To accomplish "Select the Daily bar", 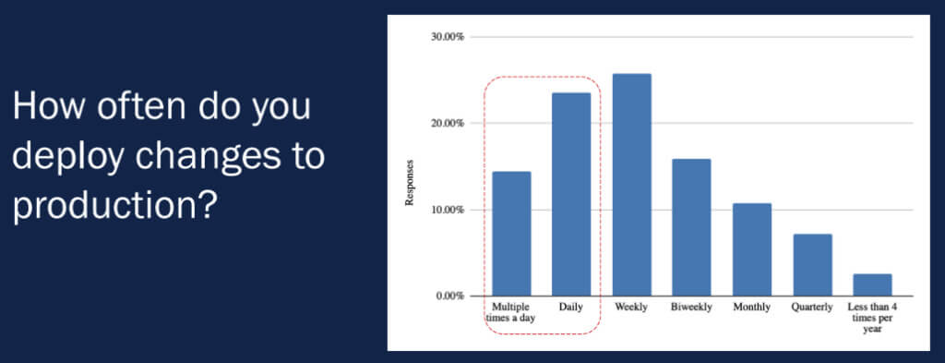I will coord(571,194).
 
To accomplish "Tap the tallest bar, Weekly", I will coord(631,185).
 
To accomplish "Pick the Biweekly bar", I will coord(691,227).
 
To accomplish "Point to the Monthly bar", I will coord(751,249).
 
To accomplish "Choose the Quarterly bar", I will coord(812,265).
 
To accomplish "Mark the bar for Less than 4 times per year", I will coord(872,284).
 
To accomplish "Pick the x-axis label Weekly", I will coord(631,307).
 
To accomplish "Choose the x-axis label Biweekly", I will coord(691,307).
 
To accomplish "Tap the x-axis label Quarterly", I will coord(812,307).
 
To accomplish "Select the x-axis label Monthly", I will coord(751,307).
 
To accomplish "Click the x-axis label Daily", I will coord(571,307).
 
